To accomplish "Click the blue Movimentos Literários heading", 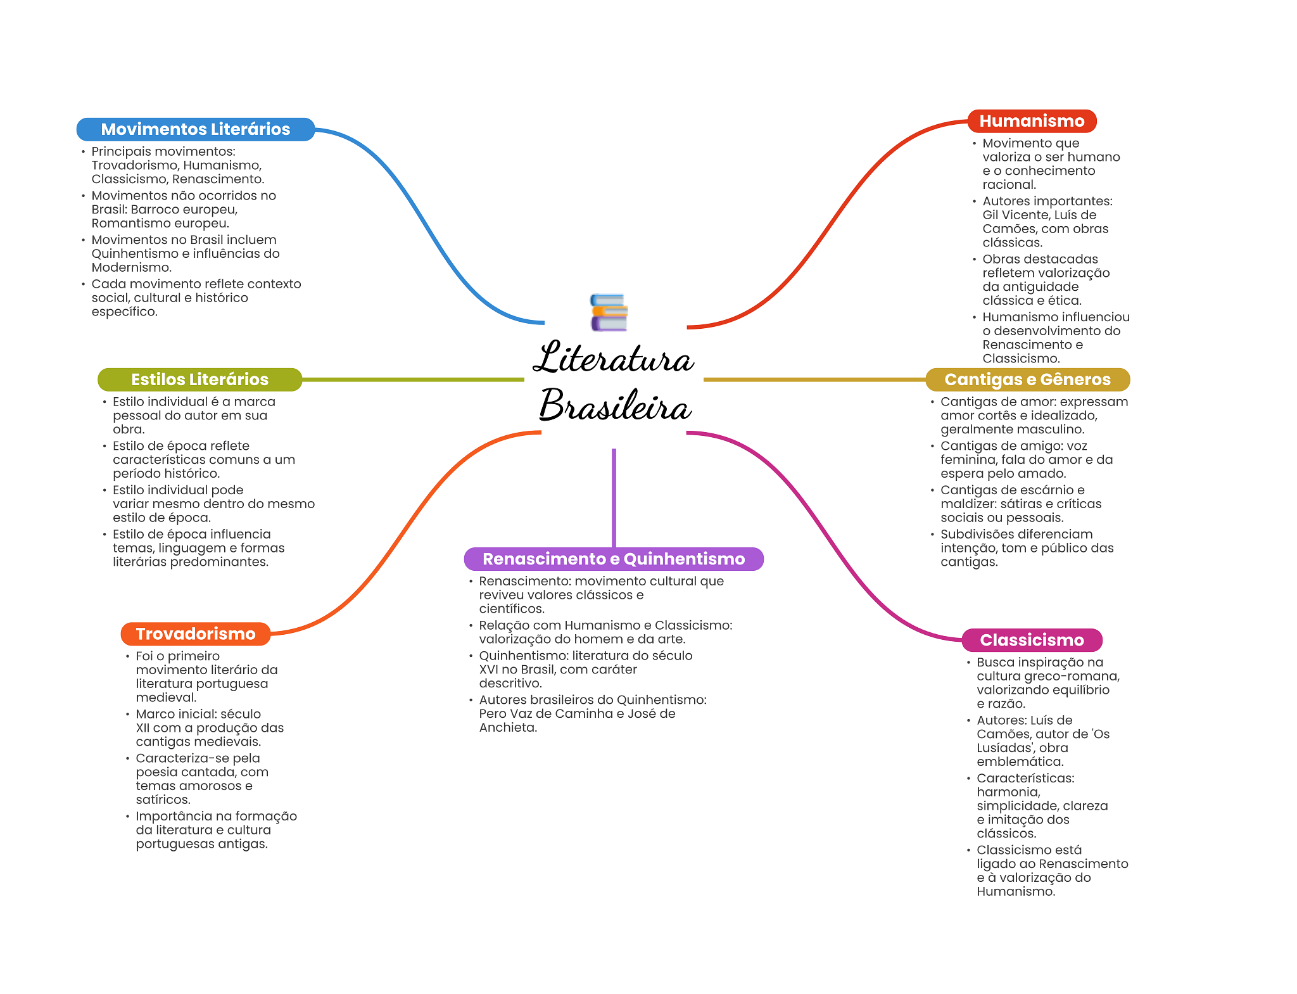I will click(195, 129).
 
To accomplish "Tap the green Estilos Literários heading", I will click(199, 379).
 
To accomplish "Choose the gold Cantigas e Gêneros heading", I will click(1027, 379).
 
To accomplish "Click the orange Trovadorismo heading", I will click(195, 634).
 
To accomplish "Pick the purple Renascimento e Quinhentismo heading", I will click(613, 559).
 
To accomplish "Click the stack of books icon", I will click(609, 312).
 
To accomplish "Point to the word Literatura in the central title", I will click(613, 359).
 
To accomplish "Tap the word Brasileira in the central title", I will click(614, 405).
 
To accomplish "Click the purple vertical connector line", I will click(614, 497).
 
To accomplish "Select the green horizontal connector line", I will click(412, 379).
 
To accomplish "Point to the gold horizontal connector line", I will click(814, 379).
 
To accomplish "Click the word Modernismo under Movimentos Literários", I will click(131, 267).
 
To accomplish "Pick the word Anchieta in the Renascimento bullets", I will click(507, 727).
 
